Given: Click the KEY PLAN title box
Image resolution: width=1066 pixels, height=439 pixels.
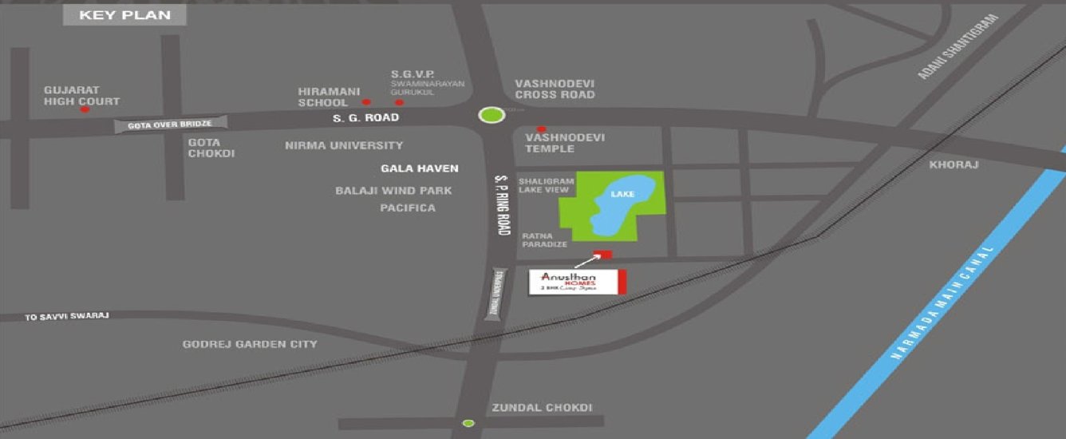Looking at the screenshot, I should tap(125, 15).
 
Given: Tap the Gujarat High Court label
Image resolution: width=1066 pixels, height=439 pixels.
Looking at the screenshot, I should tap(81, 96).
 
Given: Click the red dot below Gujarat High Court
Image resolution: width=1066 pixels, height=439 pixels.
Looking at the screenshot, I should tap(85, 109).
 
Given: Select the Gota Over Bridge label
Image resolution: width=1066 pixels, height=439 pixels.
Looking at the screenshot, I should tap(172, 125).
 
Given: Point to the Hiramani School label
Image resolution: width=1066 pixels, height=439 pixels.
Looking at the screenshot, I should tap(323, 97).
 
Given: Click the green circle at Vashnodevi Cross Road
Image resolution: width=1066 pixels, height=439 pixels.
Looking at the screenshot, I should tap(492, 115).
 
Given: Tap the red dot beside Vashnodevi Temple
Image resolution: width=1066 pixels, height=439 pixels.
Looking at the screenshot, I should tap(541, 129).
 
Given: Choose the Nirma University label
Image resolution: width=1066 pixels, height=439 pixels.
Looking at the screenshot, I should tap(344, 145).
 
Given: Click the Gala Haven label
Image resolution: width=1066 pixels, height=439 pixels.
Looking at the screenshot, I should tap(420, 168).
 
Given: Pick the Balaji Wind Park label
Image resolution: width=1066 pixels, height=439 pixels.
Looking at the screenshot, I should tap(393, 191).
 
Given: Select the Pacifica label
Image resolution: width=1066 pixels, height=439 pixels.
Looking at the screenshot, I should tap(408, 208).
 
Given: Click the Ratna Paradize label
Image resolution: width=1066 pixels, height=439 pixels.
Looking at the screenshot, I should tap(544, 239).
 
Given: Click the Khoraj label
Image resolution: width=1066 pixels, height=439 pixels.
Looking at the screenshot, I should tap(953, 165).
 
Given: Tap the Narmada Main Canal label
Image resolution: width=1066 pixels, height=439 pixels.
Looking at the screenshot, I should tap(943, 305).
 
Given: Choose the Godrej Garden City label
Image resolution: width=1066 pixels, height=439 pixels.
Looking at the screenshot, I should tap(250, 344).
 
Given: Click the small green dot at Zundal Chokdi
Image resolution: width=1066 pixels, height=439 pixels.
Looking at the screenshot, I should tap(468, 422).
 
